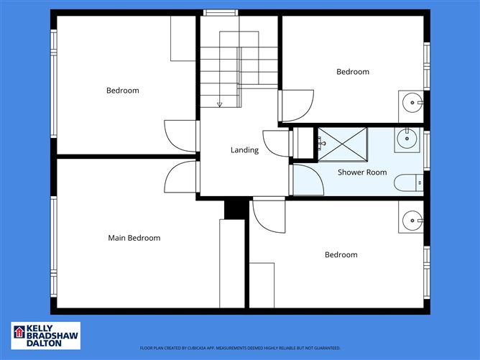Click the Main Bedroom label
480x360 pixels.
coord(134,238)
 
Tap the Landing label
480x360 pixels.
coord(244,150)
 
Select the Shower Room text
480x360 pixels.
coord(363,172)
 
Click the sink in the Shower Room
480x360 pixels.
coord(406,139)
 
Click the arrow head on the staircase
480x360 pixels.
coord(219,105)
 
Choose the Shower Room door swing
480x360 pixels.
coord(307,180)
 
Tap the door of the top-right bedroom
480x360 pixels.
coord(297,106)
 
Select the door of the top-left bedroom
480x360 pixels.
coord(180,136)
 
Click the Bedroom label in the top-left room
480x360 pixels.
coord(123,91)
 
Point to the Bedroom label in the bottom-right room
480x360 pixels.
coord(341,255)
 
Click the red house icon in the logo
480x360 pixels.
coord(19,333)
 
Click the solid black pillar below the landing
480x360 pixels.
coord(234,208)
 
